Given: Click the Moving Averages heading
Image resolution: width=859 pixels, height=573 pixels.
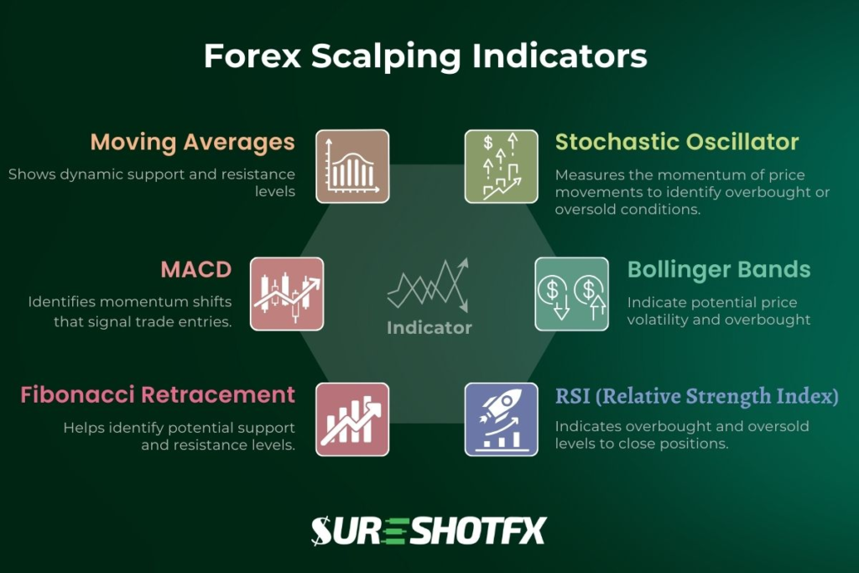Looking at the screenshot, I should click(192, 142).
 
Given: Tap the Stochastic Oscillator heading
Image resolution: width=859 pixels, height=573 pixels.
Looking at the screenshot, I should click(677, 142).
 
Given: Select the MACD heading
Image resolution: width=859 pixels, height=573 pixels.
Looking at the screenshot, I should click(196, 270).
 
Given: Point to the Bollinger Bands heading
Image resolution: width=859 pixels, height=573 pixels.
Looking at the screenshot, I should click(719, 270).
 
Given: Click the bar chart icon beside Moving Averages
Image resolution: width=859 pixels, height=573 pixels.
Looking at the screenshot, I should click(352, 166).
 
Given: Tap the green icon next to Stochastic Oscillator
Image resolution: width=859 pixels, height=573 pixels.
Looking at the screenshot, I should click(502, 166).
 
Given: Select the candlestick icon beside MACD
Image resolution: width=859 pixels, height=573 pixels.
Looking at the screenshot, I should click(287, 294).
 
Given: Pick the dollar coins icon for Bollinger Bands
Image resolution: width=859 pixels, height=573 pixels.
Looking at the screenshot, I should click(572, 294).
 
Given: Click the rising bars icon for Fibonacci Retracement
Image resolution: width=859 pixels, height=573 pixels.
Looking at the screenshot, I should click(352, 419).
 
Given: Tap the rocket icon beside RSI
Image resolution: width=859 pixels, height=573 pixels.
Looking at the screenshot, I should click(502, 419).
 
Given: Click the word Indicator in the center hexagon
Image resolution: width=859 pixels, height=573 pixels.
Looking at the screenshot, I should click(429, 328).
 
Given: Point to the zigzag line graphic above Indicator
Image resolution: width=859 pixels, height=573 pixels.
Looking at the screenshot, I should click(429, 286).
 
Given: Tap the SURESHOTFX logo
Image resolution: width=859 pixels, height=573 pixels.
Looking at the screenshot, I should click(429, 530).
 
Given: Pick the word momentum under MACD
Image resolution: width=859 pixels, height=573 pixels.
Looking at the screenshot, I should click(172, 302).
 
